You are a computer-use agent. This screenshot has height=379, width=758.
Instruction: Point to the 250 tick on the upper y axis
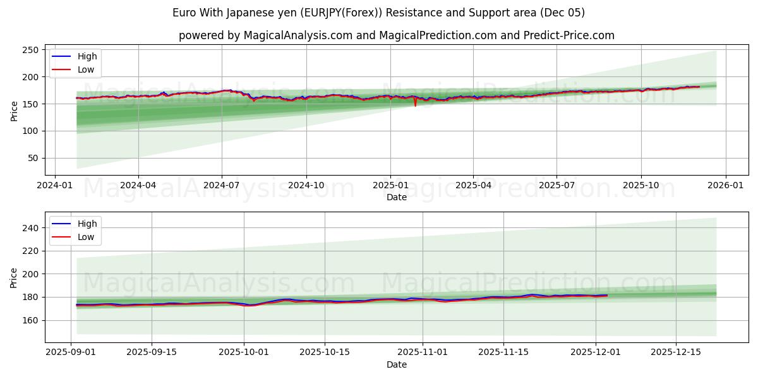[31, 50]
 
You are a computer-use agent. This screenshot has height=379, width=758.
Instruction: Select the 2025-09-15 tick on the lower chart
[152, 352]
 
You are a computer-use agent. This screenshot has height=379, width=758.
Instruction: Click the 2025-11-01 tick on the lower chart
[423, 352]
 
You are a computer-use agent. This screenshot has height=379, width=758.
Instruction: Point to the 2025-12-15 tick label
[676, 352]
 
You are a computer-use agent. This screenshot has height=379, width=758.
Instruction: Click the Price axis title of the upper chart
[15, 110]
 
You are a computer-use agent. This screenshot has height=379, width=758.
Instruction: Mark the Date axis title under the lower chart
[397, 364]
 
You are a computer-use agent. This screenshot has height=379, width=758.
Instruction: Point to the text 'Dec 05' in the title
[565, 13]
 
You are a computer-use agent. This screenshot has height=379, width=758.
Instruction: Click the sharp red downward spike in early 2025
[415, 105]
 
